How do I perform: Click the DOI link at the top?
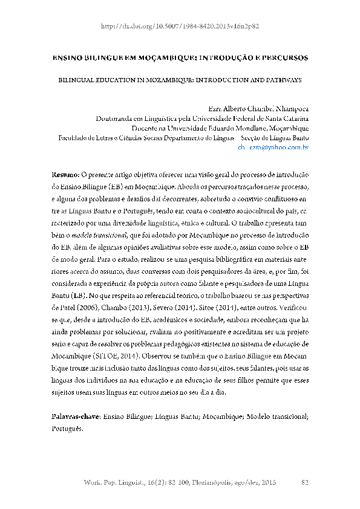click(180, 27)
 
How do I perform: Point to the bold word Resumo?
click(65, 173)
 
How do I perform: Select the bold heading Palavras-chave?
click(75, 400)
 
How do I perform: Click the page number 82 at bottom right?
click(305, 482)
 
